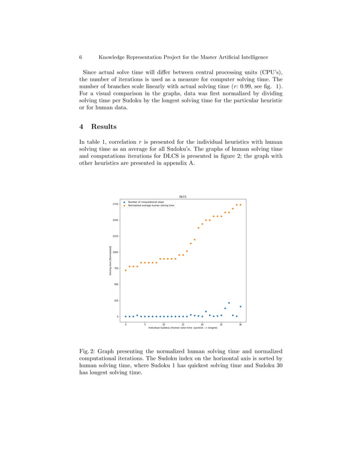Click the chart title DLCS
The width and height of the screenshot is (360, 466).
183,197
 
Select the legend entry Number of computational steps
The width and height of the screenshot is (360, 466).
146,201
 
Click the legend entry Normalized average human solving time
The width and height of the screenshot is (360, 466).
151,205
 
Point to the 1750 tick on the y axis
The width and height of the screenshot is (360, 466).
115,204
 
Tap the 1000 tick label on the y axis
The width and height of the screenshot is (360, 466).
115,252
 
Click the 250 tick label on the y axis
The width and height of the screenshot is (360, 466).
116,301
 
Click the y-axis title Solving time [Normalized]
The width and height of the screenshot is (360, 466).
109,261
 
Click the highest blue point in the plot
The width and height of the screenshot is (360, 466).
229,303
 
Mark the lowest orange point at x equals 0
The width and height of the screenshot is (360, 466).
126,270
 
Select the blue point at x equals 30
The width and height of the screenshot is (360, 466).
240,306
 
